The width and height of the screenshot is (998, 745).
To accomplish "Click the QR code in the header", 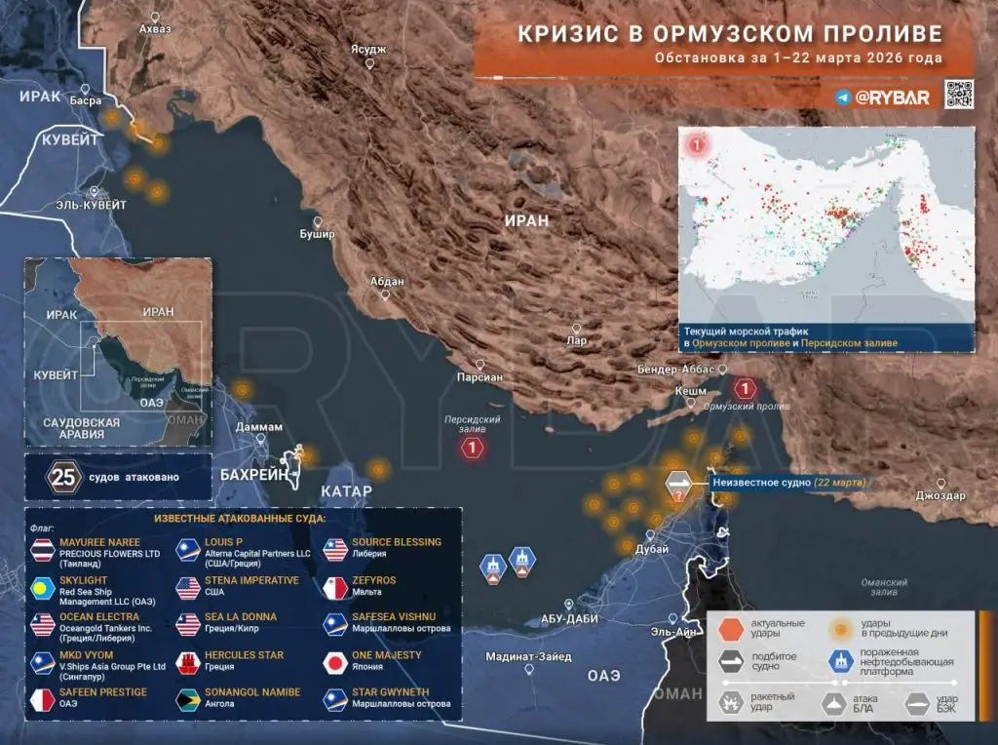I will coord(959,95).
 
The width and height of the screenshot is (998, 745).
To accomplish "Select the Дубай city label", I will coord(651,550).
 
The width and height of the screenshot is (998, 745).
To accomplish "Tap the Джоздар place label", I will coord(940,496).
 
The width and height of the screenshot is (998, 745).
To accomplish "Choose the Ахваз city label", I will coord(155,29).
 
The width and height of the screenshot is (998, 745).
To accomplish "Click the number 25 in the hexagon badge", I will coord(63,478).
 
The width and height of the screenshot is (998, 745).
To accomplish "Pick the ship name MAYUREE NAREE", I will coord(99,542).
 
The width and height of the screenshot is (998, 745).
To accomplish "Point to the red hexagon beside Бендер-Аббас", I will coord(746,388).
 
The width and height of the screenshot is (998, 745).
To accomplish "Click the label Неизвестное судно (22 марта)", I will coord(788,483).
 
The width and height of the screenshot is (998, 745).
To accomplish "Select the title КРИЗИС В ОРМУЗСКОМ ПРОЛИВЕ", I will coord(729,34).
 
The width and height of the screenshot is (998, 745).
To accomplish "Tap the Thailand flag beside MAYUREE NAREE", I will coord(43,551).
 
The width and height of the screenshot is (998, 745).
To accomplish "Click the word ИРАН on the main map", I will coord(526,220).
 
